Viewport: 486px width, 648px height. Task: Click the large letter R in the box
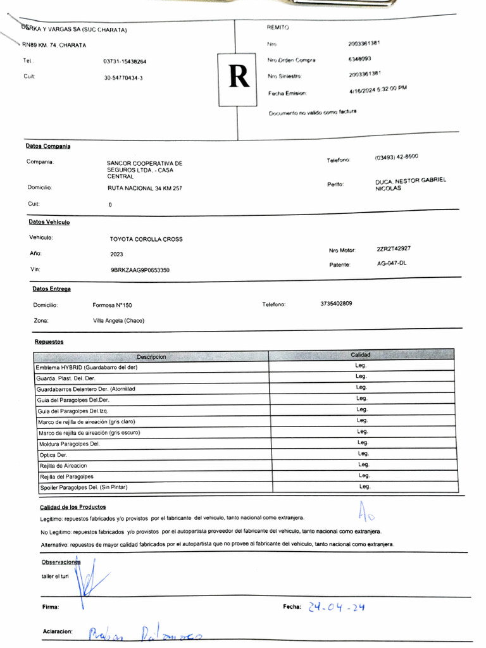tap(239, 78)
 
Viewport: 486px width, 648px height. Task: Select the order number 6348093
tap(359, 59)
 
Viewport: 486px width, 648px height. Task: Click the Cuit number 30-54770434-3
tap(123, 78)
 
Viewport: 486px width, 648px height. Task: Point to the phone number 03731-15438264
tap(125, 62)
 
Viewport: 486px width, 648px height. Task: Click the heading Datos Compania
tap(48, 146)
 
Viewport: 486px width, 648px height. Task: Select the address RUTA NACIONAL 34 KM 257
tap(145, 188)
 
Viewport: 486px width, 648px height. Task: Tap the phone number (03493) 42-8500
tap(396, 157)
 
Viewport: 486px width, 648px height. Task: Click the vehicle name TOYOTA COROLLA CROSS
tap(146, 239)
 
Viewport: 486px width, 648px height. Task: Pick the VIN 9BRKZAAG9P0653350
tap(140, 270)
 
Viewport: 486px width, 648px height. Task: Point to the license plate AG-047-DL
tap(392, 263)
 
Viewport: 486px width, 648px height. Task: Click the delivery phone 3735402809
tap(336, 304)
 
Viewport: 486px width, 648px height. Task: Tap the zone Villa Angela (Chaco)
tap(118, 320)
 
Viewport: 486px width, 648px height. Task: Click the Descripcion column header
tap(151, 357)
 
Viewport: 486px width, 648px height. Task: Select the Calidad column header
tap(361, 355)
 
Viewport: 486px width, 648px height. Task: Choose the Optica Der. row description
tap(53, 455)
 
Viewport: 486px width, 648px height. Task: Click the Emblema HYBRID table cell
tap(87, 367)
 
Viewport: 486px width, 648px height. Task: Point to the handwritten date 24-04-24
tap(336, 607)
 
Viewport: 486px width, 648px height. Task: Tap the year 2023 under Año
tap(117, 254)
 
